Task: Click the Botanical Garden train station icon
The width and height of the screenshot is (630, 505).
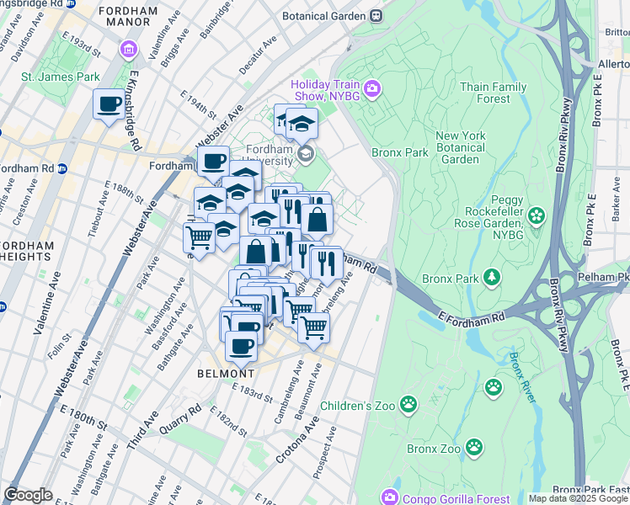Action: click(x=376, y=15)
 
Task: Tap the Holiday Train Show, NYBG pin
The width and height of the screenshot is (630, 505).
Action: click(x=371, y=88)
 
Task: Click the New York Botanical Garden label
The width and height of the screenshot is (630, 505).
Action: click(x=472, y=147)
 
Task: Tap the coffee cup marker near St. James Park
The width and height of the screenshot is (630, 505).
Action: click(x=108, y=105)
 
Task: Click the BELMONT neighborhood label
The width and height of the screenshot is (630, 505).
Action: click(x=226, y=373)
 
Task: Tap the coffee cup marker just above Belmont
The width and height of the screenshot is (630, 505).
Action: click(x=241, y=345)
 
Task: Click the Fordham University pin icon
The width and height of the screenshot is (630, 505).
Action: click(x=305, y=154)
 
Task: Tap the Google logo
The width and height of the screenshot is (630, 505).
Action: click(x=28, y=495)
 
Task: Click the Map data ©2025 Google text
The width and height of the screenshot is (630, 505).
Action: click(x=577, y=498)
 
